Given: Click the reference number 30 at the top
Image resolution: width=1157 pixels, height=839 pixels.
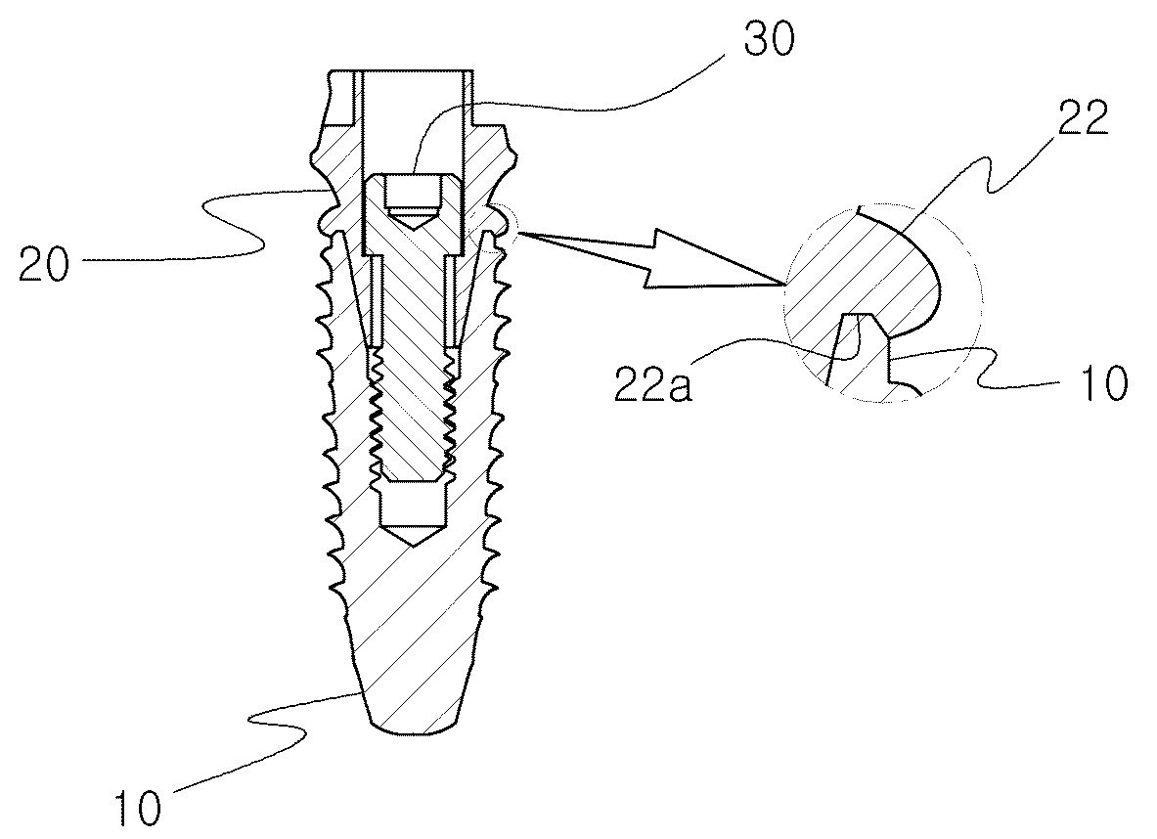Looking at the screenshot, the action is coord(769,42).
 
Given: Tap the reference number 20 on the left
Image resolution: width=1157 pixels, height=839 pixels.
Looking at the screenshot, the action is coord(44,264).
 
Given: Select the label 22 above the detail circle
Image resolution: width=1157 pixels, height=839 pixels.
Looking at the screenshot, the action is coord(1083,119).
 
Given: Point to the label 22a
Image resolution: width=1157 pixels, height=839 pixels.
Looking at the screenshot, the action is coord(652,383).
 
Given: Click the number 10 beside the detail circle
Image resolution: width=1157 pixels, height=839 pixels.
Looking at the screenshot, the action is coord(1103,382).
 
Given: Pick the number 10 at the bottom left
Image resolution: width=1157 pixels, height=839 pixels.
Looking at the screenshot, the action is coord(138,809).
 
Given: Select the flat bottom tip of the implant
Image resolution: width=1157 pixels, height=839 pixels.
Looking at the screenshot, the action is coord(413,731).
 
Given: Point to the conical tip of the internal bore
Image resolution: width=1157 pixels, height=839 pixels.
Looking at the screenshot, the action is coord(412,535).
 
